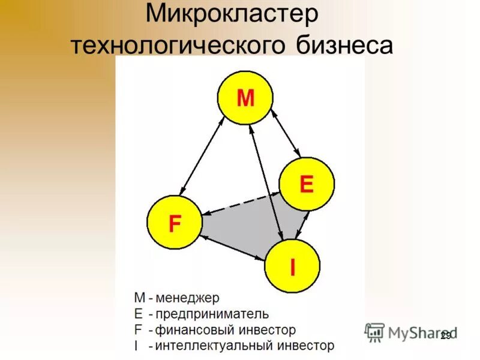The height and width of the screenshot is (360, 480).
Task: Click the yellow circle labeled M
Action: click(245, 97)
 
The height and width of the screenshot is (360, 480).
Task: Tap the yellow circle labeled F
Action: click(175, 224)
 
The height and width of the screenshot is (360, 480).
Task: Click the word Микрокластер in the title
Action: click(232, 14)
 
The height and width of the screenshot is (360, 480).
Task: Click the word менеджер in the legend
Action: click(188, 298)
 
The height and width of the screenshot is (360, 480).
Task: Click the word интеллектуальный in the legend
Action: click(204, 346)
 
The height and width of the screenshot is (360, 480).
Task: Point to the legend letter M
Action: click(139, 298)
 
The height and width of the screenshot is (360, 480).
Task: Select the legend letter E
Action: click(139, 314)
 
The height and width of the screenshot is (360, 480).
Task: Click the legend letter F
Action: click(138, 330)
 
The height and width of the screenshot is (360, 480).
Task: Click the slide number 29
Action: click(445, 336)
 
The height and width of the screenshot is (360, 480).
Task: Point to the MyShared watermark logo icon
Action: click(375, 332)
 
